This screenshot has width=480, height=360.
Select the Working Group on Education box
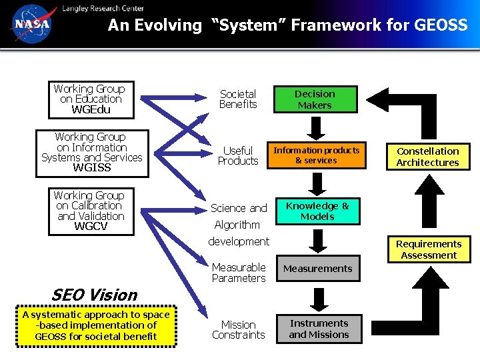click(89, 99)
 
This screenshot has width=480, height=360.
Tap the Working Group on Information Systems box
click(91, 152)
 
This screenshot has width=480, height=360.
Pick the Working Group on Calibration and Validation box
click(90, 211)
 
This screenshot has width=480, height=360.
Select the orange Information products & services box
click(316, 155)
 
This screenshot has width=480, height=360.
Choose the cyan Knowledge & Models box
click(317, 211)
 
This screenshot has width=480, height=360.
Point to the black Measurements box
click(317, 269)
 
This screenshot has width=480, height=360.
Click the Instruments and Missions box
click(319, 329)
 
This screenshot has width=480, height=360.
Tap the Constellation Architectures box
click(428, 157)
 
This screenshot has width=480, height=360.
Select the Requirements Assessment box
click(429, 249)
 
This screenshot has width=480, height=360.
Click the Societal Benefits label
click(238, 99)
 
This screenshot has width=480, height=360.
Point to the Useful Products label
click(238, 156)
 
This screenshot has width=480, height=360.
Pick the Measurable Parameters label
click(238, 273)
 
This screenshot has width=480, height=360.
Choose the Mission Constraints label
click(238, 329)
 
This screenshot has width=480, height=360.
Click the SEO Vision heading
click(94, 295)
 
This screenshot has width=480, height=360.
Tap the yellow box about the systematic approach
click(96, 325)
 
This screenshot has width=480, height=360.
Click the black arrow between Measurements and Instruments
click(320, 297)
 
